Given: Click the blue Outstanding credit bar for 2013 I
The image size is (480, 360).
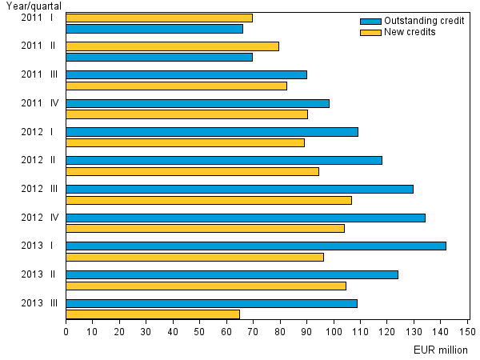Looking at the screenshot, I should [x=256, y=246].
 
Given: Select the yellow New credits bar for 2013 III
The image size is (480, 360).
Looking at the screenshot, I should [x=153, y=314].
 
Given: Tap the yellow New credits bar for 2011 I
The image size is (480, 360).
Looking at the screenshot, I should [x=159, y=18].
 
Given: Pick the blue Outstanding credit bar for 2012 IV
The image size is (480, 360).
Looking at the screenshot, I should [x=246, y=218].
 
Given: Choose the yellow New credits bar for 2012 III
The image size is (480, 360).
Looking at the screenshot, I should [x=209, y=200].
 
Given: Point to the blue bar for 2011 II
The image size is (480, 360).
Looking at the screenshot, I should [x=159, y=57].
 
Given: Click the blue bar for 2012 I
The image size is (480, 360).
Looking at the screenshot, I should [x=212, y=131].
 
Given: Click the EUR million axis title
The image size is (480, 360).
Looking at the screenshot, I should [x=441, y=350].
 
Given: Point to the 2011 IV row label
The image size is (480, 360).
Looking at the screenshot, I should [x=39, y=103].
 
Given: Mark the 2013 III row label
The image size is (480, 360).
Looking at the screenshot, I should [x=39, y=303].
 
